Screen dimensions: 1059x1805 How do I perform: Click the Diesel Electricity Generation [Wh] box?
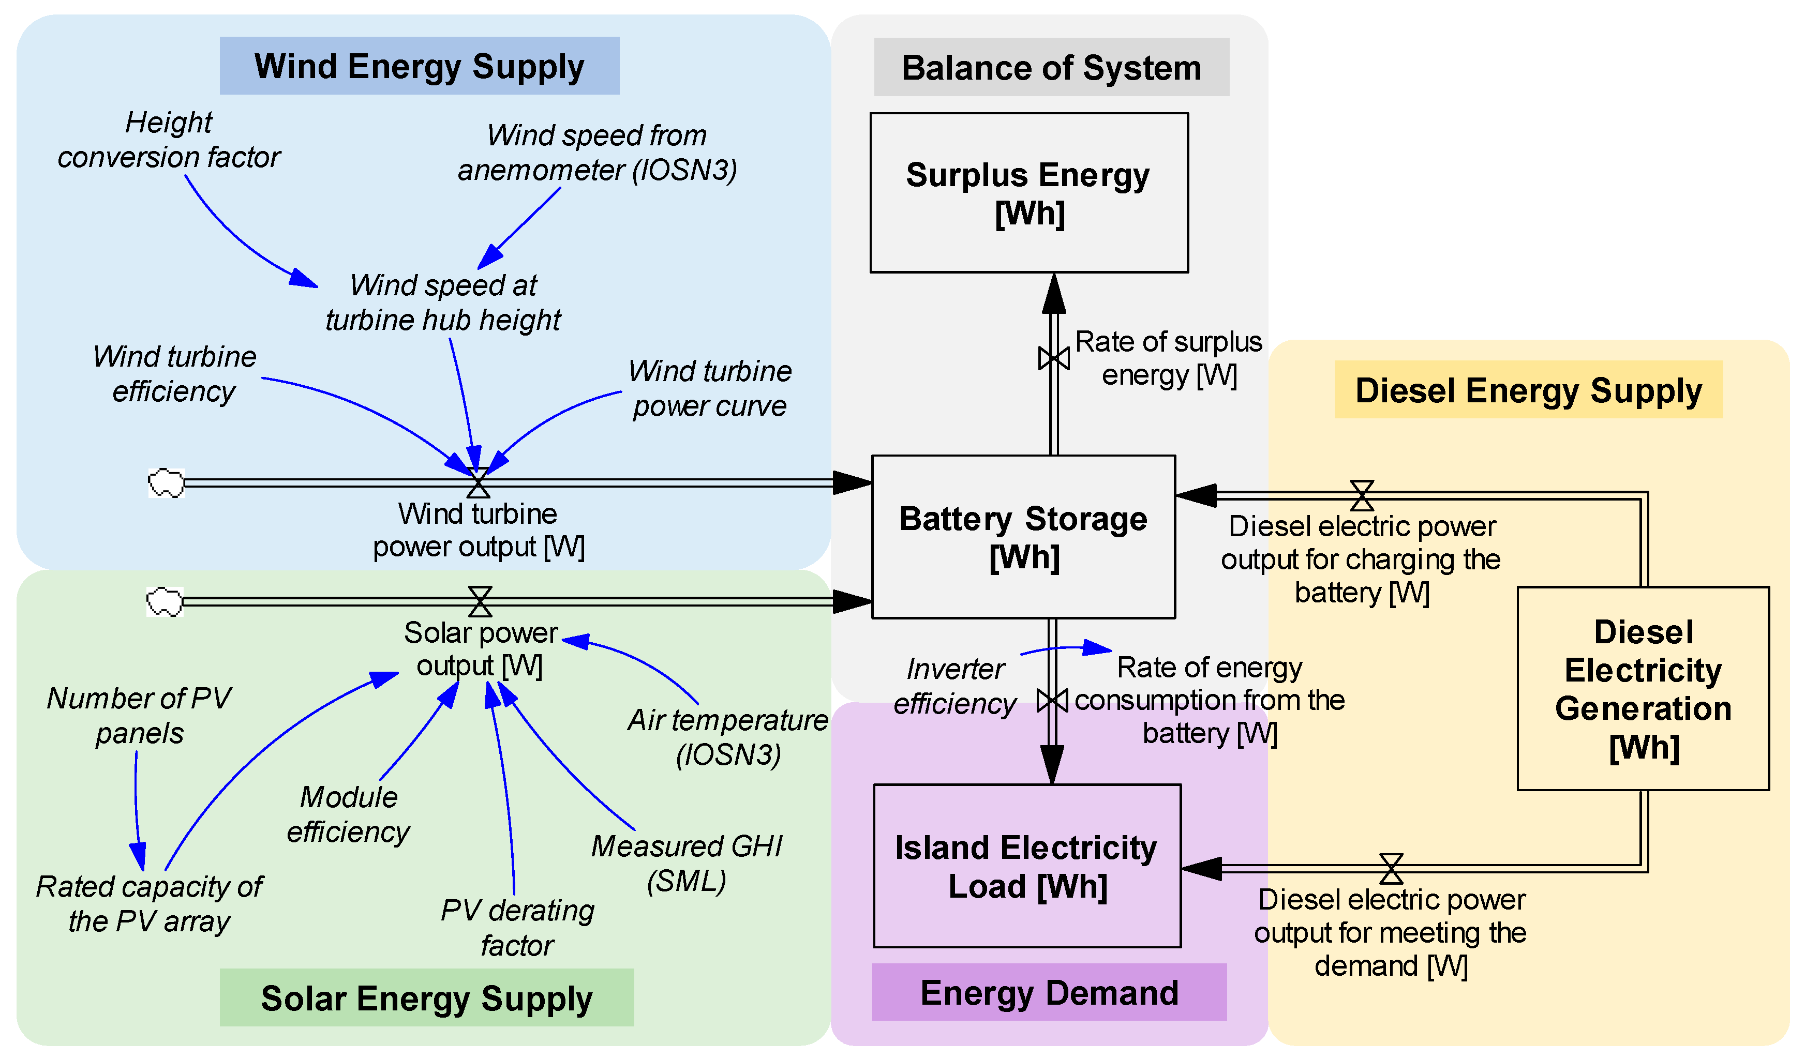tap(1643, 689)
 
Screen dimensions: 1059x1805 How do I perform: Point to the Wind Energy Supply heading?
tap(419, 66)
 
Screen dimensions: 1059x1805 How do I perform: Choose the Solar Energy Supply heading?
tap(426, 997)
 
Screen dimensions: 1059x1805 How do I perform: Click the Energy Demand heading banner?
tap(1049, 992)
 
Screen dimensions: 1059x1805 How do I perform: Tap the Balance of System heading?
tap(1051, 67)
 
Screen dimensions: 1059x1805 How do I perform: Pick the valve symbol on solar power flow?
tap(480, 601)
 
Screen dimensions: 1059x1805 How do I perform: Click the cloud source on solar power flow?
tap(165, 601)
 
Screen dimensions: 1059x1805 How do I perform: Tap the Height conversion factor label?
tap(169, 140)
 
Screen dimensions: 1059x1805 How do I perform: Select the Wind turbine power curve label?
tap(709, 388)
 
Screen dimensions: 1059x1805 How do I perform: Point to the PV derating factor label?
tap(517, 927)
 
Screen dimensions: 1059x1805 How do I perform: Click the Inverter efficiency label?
tap(955, 686)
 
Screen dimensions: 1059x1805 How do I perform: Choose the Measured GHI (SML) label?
tap(686, 863)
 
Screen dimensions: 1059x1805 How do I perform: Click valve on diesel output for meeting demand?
tap(1391, 869)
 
